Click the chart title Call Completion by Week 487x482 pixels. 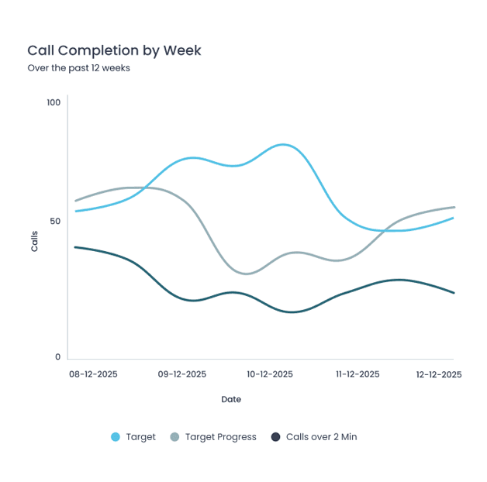[x=114, y=50]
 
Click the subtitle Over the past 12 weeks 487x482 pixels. [x=78, y=68]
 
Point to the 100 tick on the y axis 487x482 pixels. [x=54, y=102]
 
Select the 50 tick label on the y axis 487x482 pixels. [x=55, y=221]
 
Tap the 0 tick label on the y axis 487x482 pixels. [x=57, y=357]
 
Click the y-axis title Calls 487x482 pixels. [x=34, y=242]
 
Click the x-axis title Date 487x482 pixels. [x=231, y=400]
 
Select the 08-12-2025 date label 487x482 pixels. [x=93, y=374]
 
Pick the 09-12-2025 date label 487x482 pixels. [x=182, y=374]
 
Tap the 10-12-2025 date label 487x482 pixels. [x=270, y=374]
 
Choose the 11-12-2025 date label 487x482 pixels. [x=357, y=374]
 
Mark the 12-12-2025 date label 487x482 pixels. [x=438, y=374]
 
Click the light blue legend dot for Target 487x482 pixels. [x=116, y=437]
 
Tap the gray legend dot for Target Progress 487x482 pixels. [x=174, y=437]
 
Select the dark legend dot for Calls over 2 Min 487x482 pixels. [x=275, y=437]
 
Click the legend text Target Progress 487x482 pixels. [x=220, y=437]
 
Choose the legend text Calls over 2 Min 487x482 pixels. [x=321, y=437]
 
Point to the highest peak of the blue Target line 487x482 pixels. [x=284, y=145]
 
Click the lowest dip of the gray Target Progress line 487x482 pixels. [x=246, y=274]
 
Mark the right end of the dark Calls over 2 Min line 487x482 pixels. [x=454, y=293]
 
